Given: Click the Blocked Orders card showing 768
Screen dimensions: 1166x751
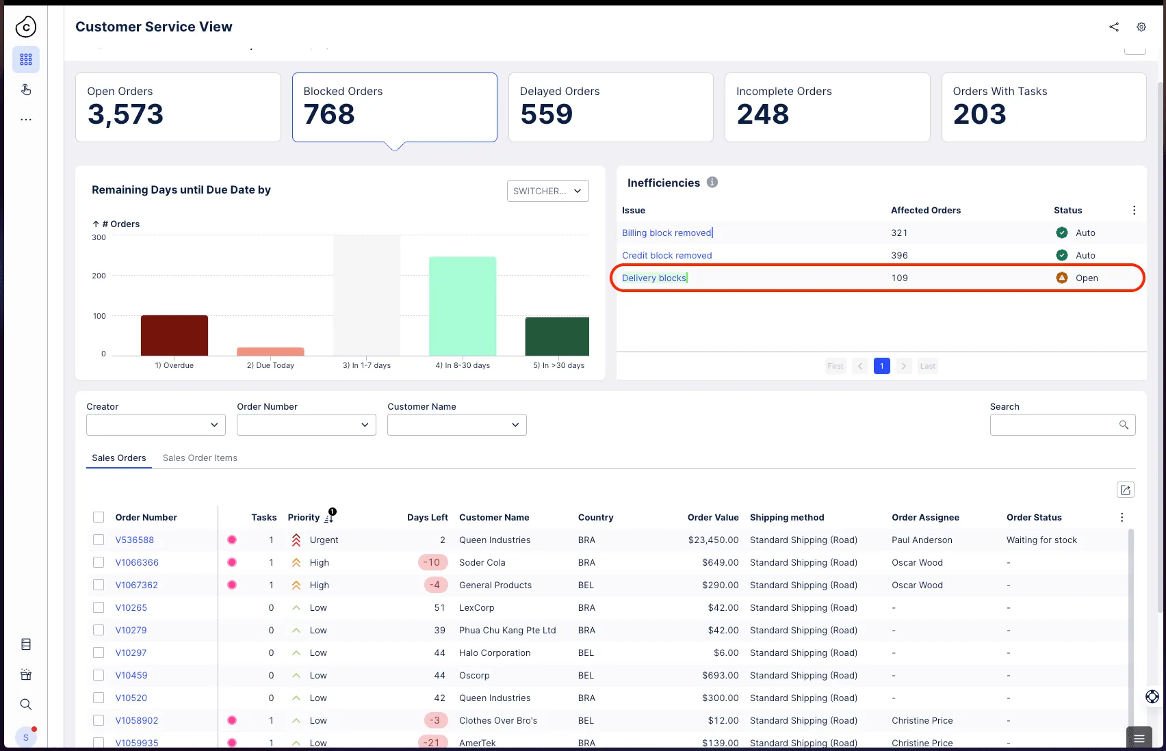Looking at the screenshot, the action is [x=395, y=107].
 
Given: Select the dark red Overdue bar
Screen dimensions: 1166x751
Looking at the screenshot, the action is [x=174, y=336].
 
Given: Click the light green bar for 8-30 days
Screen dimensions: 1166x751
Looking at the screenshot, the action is [x=463, y=306].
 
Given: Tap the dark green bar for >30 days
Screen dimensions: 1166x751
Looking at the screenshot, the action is [x=557, y=337].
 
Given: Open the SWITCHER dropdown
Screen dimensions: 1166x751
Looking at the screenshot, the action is [x=547, y=191].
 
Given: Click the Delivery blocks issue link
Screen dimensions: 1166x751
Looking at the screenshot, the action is [x=653, y=278].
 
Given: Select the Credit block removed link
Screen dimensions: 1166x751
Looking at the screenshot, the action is [x=666, y=256].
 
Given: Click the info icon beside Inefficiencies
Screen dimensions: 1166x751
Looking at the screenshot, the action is [x=712, y=183].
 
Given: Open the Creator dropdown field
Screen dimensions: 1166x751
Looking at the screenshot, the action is [x=155, y=425].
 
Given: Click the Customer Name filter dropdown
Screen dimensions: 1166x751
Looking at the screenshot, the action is [x=456, y=425].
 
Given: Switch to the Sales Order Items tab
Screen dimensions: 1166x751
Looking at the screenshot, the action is [x=200, y=458].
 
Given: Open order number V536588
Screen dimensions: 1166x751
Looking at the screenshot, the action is [x=134, y=540].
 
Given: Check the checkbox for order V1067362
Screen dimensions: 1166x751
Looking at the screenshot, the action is [x=99, y=585].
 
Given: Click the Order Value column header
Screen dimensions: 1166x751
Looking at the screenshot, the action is [x=712, y=517].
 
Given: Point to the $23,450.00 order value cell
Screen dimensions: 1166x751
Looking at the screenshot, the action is [x=713, y=540].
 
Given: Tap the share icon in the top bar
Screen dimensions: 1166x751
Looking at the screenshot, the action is [x=1114, y=27].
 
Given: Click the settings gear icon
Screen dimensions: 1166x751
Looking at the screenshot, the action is [x=1141, y=27].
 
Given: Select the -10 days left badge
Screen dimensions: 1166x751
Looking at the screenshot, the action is [x=432, y=562].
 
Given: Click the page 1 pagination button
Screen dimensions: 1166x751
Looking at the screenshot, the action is [x=881, y=366].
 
